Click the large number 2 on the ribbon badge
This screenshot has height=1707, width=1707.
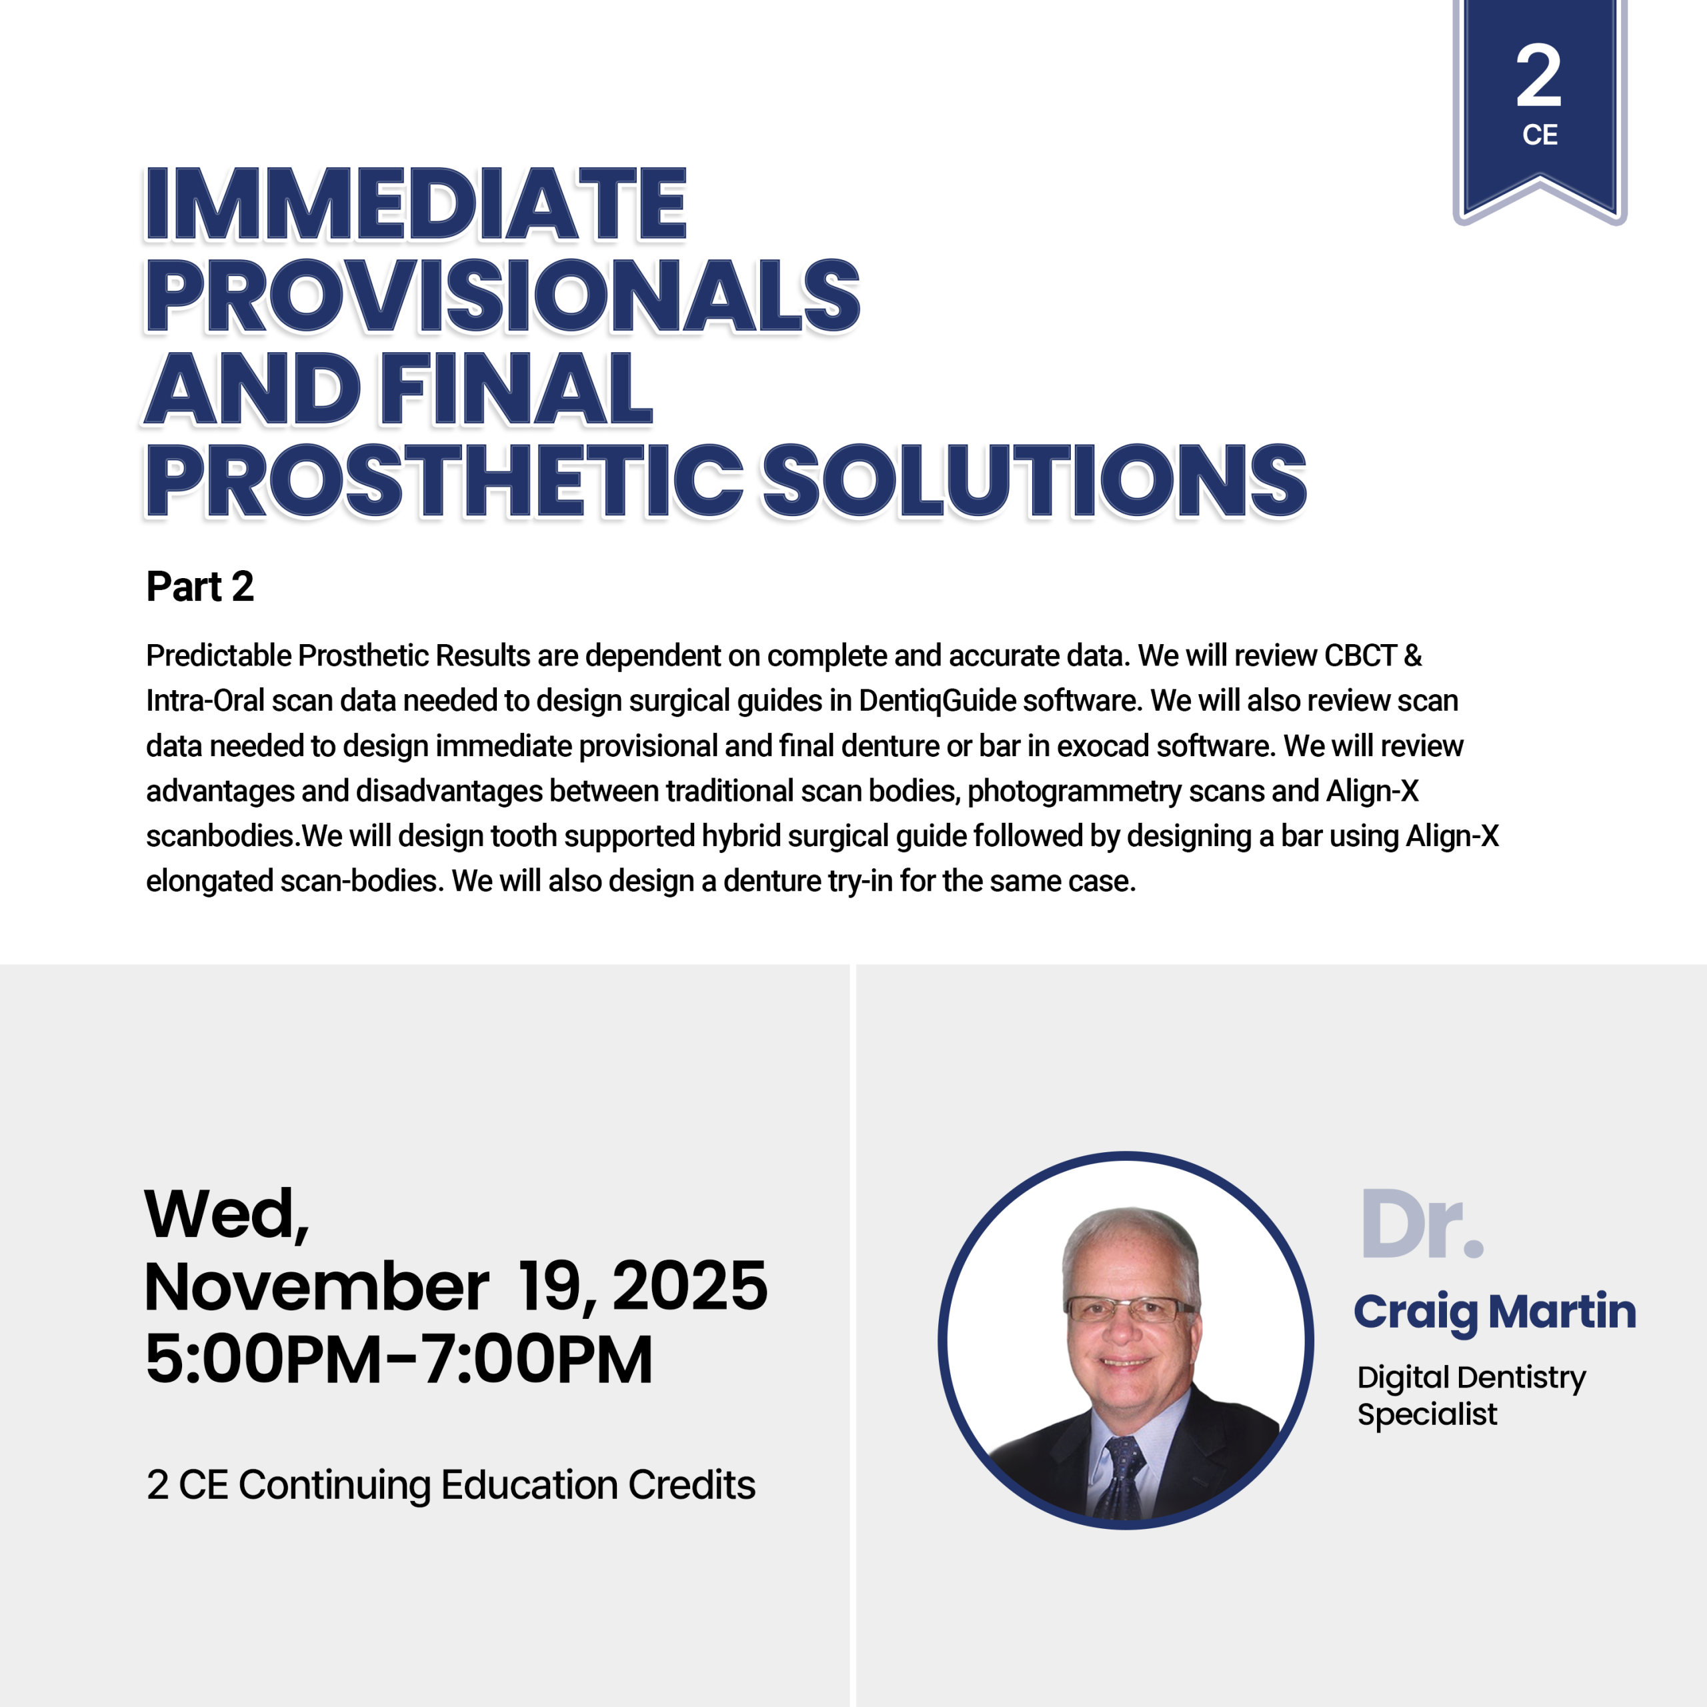pyautogui.click(x=1539, y=76)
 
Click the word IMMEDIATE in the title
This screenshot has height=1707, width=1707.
pyautogui.click(x=415, y=204)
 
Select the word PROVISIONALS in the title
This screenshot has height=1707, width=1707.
pyautogui.click(x=503, y=296)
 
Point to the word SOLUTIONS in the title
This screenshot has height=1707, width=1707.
pyautogui.click(x=1034, y=480)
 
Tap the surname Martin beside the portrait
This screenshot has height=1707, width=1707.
pyautogui.click(x=1562, y=1311)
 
